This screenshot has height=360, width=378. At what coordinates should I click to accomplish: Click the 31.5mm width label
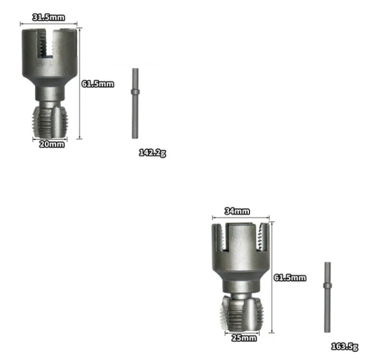pos(49,17)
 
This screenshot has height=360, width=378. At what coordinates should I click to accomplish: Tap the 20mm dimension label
pos(51,144)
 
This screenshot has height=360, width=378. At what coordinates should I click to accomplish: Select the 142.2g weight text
pos(152,153)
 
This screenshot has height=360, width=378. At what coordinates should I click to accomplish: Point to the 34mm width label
pos(237,211)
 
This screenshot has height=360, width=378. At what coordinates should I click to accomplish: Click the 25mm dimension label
pos(243,338)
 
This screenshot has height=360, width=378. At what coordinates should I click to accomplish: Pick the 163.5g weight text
pos(344,346)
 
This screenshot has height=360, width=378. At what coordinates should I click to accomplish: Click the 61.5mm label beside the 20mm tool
pos(98,84)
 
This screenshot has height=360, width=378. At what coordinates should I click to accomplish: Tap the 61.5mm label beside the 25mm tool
pos(289,278)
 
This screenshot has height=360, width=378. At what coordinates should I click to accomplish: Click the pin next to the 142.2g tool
pos(135,103)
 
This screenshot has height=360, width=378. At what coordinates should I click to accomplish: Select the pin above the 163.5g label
pos(327,297)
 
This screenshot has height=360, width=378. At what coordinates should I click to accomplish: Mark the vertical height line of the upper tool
pos(79,83)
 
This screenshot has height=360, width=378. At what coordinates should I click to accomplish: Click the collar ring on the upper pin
pos(135,92)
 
